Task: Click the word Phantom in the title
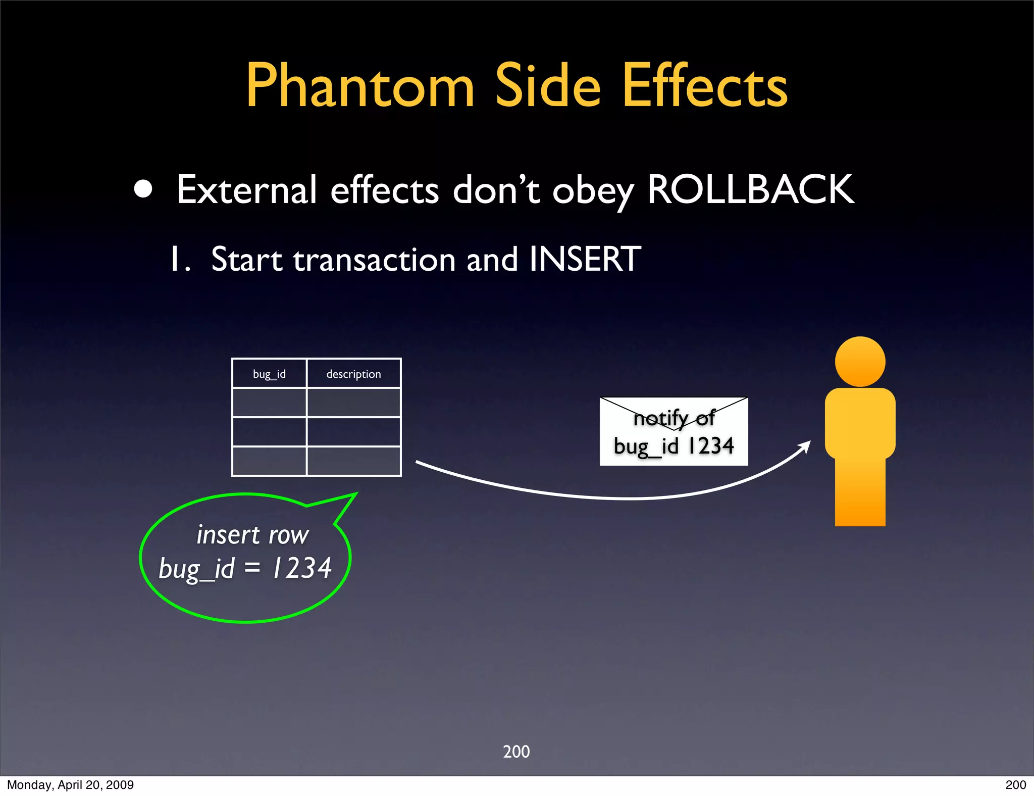coord(359,86)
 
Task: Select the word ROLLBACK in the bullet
coord(750,190)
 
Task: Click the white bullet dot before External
coord(143,189)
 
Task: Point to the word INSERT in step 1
coord(585,259)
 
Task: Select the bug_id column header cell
coord(269,374)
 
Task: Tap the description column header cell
coord(353,374)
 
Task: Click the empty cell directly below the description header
coord(353,403)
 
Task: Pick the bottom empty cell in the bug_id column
coord(269,461)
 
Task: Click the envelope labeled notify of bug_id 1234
coord(674,432)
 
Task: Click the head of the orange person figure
coord(860,362)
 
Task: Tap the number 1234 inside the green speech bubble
coord(302,568)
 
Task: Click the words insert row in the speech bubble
coord(252,535)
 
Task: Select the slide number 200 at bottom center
coord(516,752)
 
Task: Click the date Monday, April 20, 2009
coord(70,785)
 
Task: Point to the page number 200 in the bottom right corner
coord(1015,785)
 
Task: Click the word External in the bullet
coord(246,190)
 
